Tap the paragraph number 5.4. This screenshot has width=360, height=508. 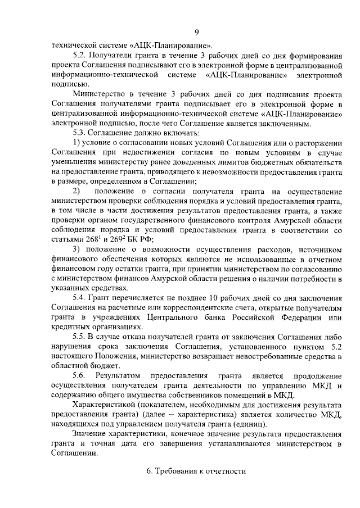[x=80, y=297]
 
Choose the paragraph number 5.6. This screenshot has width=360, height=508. [x=80, y=375]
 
